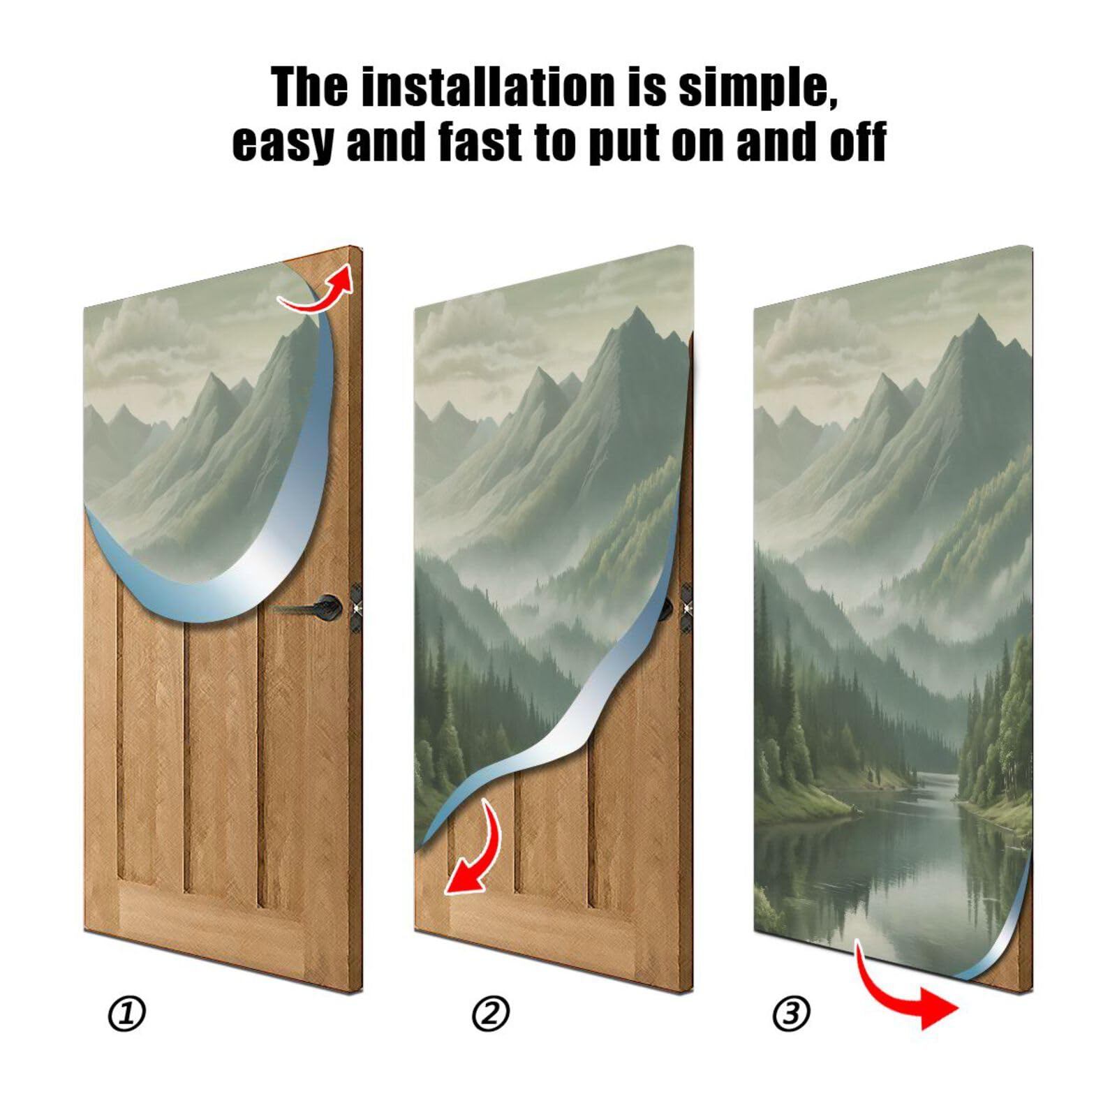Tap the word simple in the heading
pos(757,89)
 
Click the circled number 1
pos(126,1014)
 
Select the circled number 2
pos(491,1014)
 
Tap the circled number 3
pos(791,1014)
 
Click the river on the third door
pos(922,838)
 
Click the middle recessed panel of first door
pos(222,754)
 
